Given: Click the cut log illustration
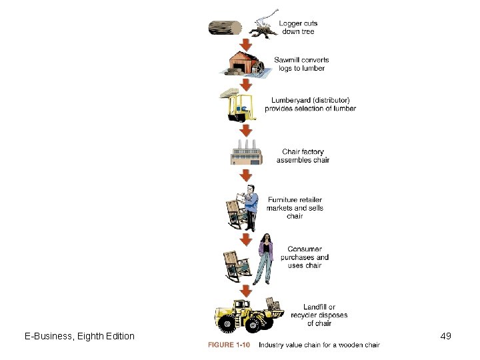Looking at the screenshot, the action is tap(225, 28).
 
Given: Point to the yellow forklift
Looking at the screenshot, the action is tap(239, 105).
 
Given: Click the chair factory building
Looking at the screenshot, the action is tap(247, 153).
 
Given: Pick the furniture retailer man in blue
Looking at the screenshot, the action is tap(250, 208).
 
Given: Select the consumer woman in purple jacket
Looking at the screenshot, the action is tap(264, 259).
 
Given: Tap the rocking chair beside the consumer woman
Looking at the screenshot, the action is tap(237, 266).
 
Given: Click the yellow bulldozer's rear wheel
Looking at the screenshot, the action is tap(227, 324).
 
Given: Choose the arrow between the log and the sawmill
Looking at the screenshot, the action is tap(246, 45).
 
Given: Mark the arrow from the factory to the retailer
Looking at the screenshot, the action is tap(246, 175).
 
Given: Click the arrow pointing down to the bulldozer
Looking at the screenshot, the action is tap(246, 291).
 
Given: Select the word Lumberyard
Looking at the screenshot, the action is tap(289, 101).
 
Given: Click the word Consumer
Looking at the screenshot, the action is tap(305, 249).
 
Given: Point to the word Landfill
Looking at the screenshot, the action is tap(315, 307).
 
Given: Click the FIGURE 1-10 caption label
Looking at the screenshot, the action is tap(229, 345).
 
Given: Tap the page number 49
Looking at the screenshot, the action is tap(446, 336).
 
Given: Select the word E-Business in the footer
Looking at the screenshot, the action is tap(48, 336).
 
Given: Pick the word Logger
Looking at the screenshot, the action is tap(289, 23).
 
